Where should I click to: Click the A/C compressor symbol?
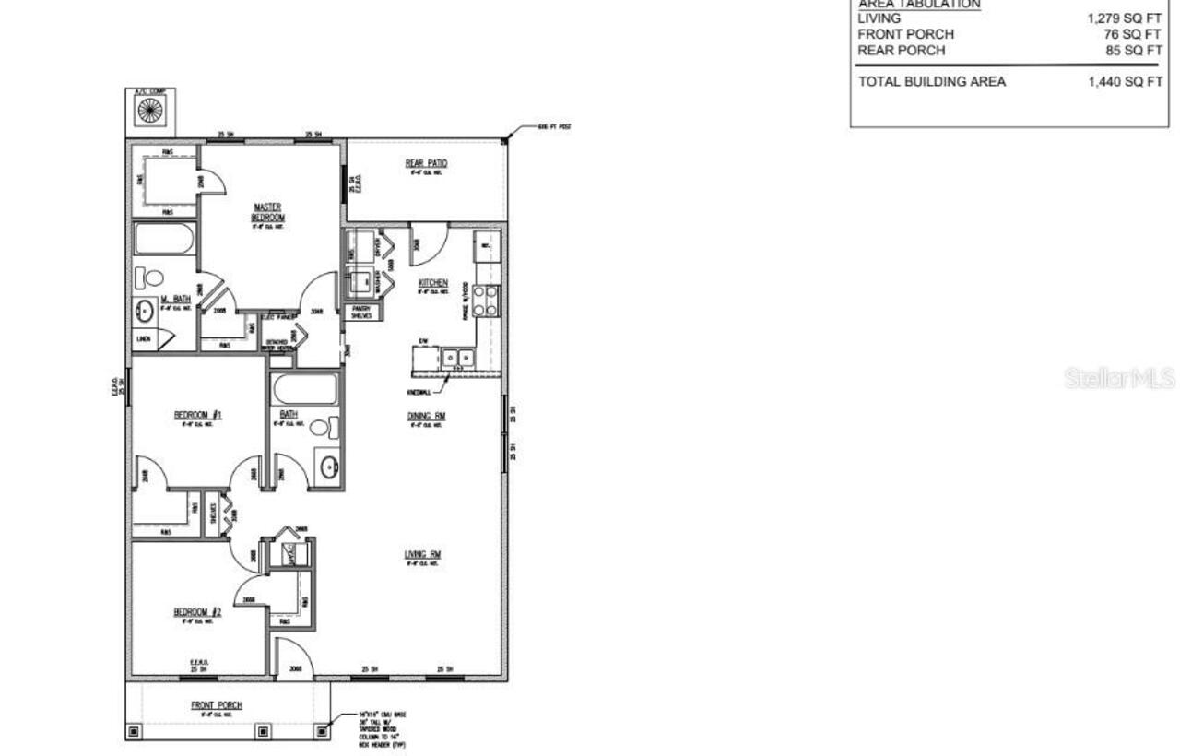click(x=149, y=111)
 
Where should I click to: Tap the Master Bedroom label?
click(x=268, y=212)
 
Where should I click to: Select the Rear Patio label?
click(x=426, y=164)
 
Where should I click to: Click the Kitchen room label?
click(x=433, y=283)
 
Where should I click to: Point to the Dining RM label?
click(x=427, y=417)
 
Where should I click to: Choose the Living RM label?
click(x=423, y=555)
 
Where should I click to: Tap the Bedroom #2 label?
click(x=197, y=612)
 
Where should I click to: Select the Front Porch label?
click(x=217, y=705)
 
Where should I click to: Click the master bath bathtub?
click(x=164, y=240)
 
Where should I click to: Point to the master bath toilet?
click(x=150, y=277)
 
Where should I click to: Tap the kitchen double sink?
click(x=456, y=357)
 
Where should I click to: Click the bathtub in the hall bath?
click(x=305, y=389)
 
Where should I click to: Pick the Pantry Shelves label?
click(x=361, y=312)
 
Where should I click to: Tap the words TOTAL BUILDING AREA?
click(x=932, y=81)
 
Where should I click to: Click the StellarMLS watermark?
click(x=1119, y=378)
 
